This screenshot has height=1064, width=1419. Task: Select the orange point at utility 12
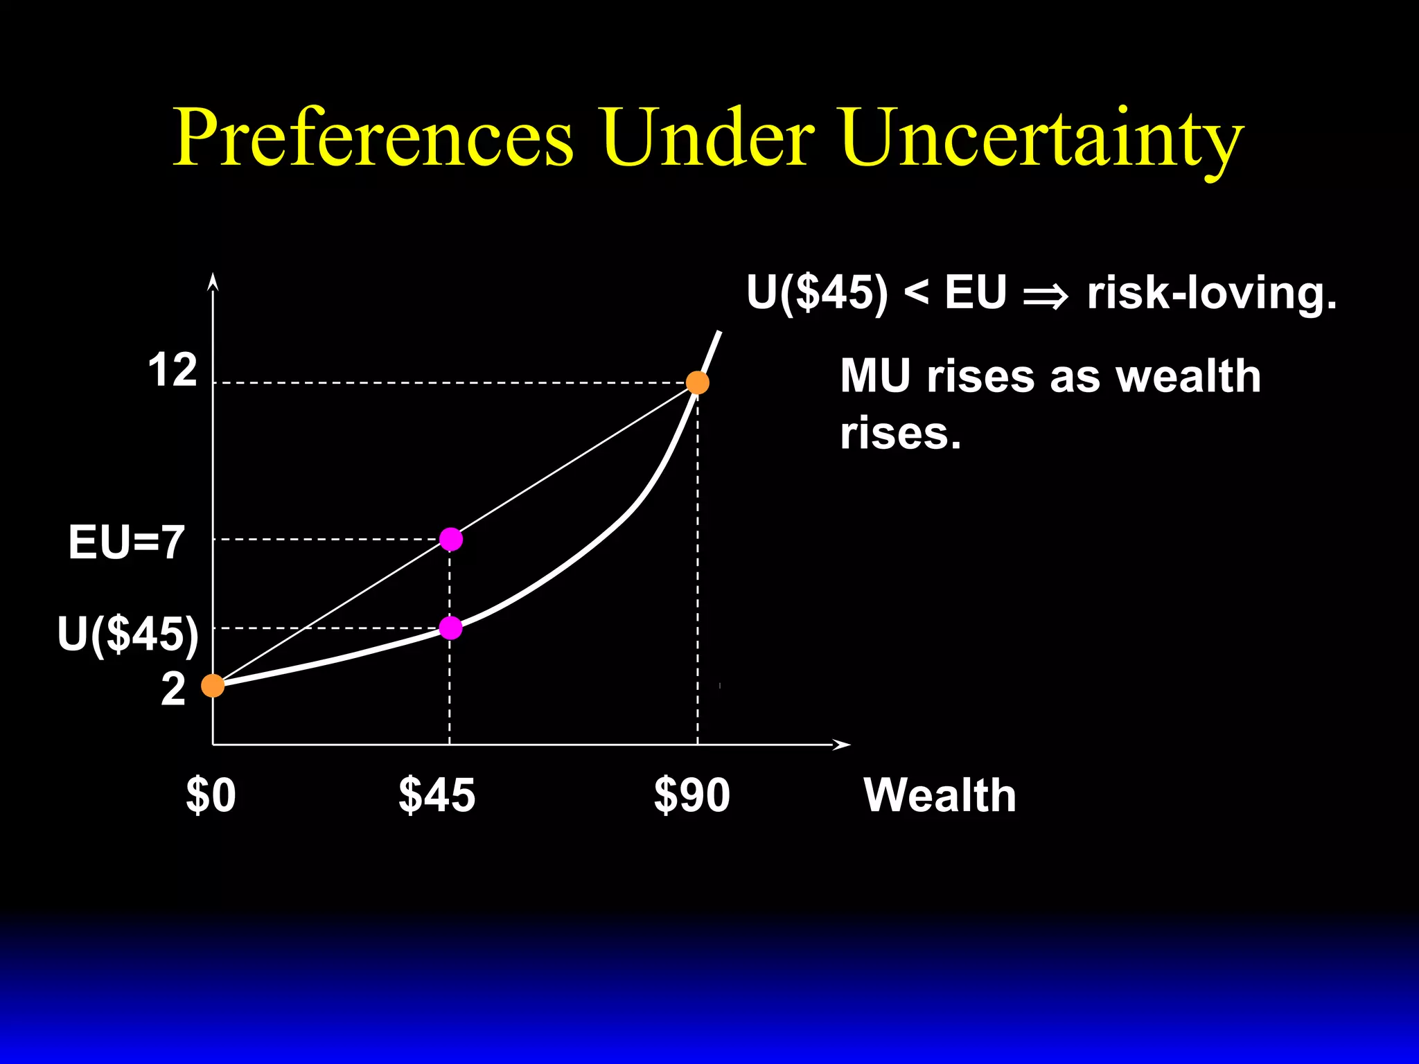pos(697,382)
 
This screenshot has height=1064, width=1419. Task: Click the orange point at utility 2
pos(213,686)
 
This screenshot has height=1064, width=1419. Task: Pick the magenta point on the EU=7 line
pos(451,539)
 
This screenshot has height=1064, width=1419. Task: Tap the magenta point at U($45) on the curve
pos(451,628)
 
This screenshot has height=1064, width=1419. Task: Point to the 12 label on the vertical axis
pos(173,371)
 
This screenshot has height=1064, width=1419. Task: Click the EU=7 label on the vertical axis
pos(127,542)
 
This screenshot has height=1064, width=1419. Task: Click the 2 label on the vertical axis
pos(173,690)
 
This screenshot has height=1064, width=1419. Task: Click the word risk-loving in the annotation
pos(1211,294)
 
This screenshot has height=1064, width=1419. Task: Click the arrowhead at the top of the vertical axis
pos(213,281)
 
